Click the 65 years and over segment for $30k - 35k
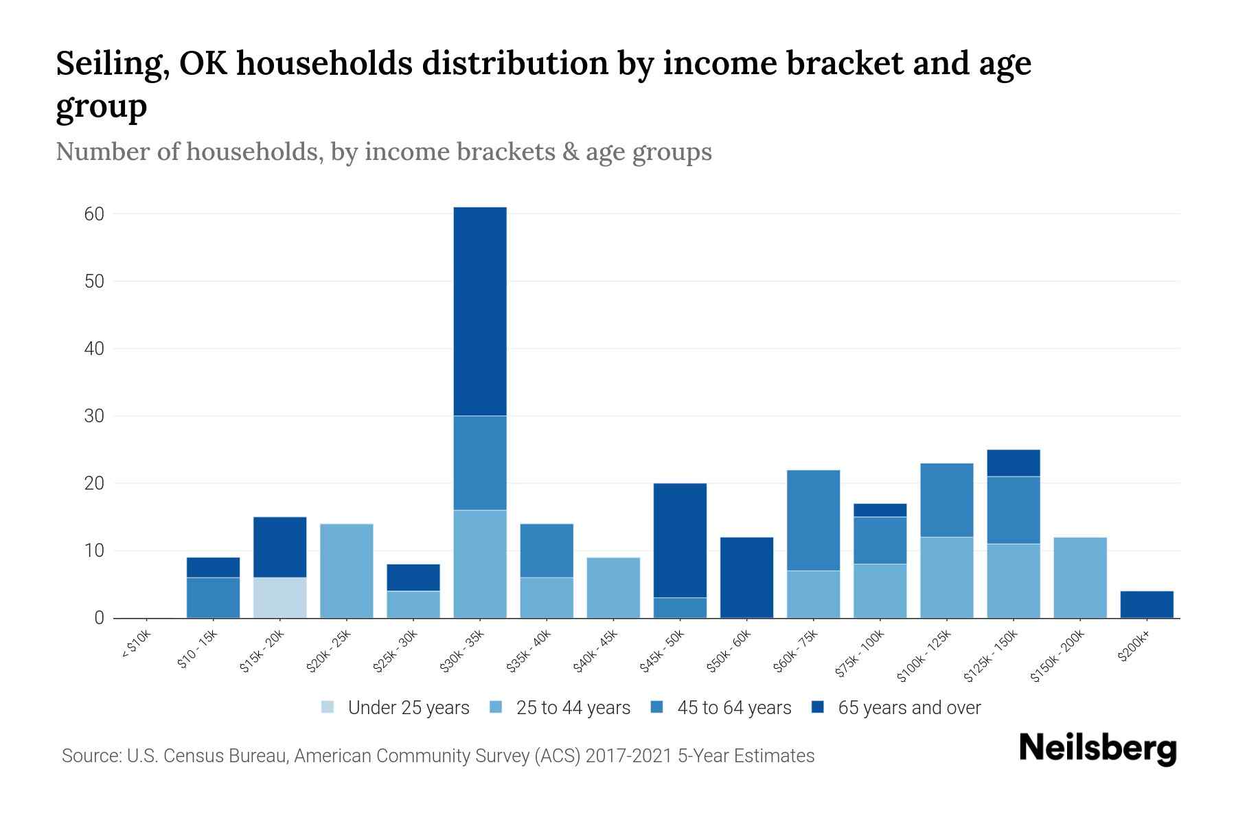(480, 311)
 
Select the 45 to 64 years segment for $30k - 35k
(480, 463)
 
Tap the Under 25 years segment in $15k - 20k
(279, 597)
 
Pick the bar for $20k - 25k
(346, 571)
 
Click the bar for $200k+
(1147, 604)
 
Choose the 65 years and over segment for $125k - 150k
(1013, 463)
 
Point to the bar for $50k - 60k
(746, 577)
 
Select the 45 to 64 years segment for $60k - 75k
(813, 520)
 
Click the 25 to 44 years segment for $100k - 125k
(946, 577)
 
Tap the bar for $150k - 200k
(1080, 577)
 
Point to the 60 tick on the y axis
(95, 214)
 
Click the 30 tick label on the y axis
(95, 416)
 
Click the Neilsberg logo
(1097, 749)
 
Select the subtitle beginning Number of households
(383, 152)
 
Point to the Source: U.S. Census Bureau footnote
(438, 756)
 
